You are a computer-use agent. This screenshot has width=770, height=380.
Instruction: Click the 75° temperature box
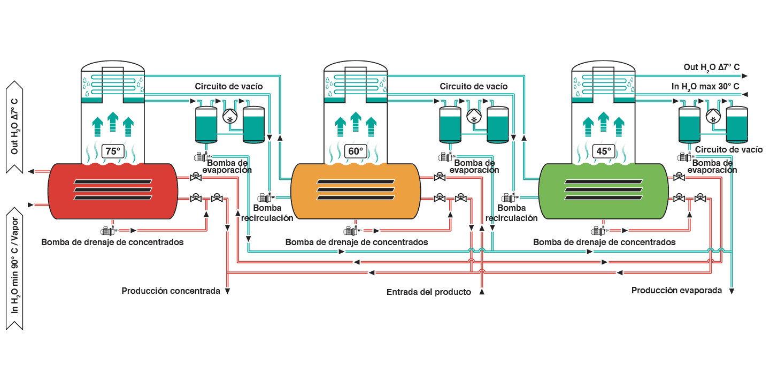point(113,151)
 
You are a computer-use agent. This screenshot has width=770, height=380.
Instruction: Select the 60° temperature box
point(356,151)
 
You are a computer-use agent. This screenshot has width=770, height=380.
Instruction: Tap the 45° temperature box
point(603,151)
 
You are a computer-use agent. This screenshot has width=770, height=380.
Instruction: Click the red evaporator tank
point(113,191)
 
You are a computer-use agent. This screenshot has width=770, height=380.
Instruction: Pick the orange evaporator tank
point(356,191)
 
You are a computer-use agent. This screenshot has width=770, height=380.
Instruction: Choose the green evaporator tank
point(603,191)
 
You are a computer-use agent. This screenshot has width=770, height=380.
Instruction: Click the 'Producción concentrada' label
point(171,291)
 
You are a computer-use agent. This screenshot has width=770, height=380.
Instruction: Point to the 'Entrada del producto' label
point(429,292)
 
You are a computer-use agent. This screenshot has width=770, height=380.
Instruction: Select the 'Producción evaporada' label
point(676,291)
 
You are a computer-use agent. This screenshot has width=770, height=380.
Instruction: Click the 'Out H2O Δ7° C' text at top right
point(711,67)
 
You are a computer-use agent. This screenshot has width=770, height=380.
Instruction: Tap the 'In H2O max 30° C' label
point(705,87)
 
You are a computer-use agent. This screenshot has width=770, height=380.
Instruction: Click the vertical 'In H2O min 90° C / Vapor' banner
point(14,269)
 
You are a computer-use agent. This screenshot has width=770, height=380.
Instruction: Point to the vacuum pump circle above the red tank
point(230,116)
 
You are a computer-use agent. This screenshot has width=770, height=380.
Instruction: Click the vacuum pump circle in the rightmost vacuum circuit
point(713,116)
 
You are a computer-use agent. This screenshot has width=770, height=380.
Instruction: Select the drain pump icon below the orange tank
point(351,231)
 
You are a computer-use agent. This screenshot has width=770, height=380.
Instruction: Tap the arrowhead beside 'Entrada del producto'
point(482,292)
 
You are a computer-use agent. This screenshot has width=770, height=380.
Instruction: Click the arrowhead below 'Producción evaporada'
point(732,291)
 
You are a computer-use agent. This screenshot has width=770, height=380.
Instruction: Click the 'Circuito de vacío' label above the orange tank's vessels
point(473,86)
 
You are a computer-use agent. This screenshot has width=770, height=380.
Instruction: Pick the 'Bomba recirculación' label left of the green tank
point(512,212)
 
